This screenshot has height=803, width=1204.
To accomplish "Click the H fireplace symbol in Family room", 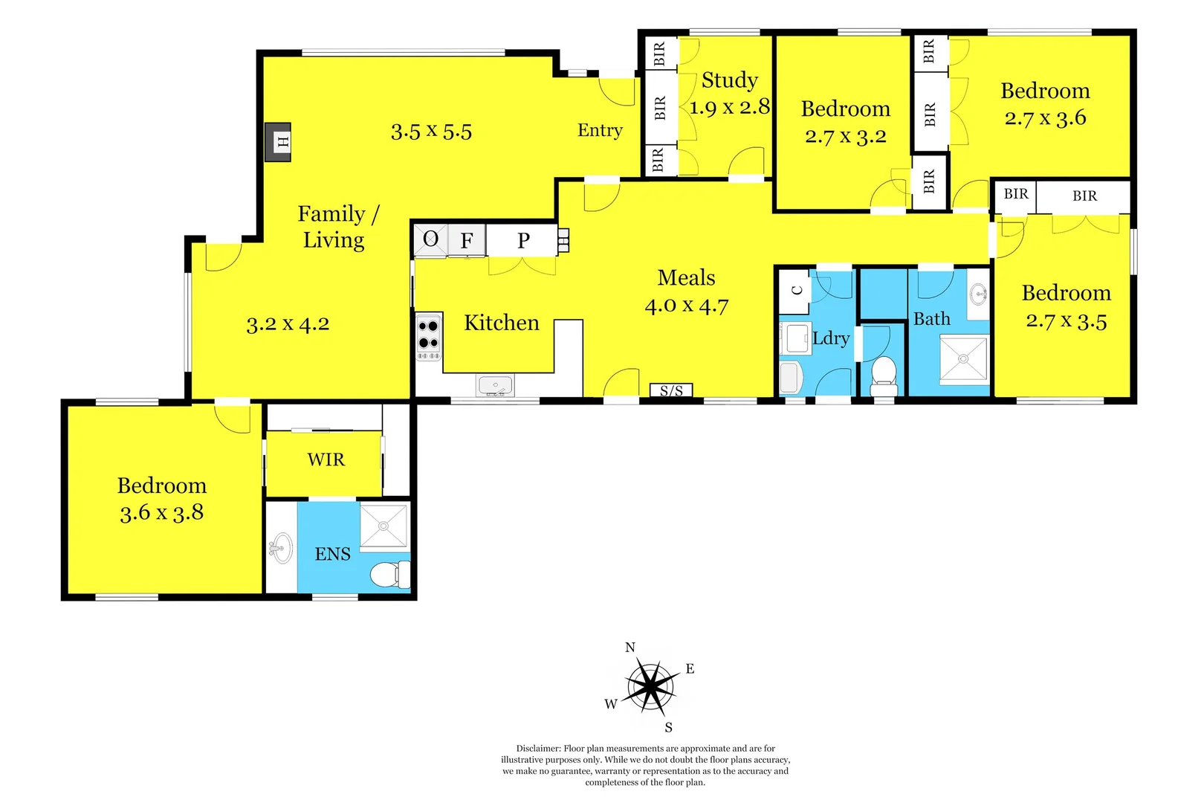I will pyautogui.click(x=279, y=142).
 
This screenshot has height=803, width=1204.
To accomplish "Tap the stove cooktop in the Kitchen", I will pyautogui.click(x=428, y=336).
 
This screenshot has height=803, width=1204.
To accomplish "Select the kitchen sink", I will pyautogui.click(x=494, y=386).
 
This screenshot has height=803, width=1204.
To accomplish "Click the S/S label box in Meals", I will pyautogui.click(x=671, y=390).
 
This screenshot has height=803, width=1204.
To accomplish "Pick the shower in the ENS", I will pyautogui.click(x=383, y=526).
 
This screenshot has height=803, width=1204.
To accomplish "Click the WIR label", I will pyautogui.click(x=326, y=460).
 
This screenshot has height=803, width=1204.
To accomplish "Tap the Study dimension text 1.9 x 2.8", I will pyautogui.click(x=729, y=108).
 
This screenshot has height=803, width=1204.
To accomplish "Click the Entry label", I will pyautogui.click(x=600, y=131).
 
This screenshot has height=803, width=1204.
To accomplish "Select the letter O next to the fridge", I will pyautogui.click(x=430, y=239).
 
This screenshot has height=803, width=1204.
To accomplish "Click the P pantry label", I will pyautogui.click(x=523, y=241).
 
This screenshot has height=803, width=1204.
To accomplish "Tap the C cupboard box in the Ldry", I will pyautogui.click(x=797, y=291).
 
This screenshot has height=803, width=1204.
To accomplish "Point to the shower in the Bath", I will pyautogui.click(x=963, y=359).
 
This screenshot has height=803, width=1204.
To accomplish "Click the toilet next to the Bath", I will pyautogui.click(x=884, y=374).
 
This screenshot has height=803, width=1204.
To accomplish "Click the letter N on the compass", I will pyautogui.click(x=630, y=648).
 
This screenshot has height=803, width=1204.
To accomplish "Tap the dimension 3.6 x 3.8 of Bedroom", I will pyautogui.click(x=161, y=513).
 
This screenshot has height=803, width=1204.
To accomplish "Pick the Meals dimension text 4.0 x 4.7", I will pyautogui.click(x=686, y=306).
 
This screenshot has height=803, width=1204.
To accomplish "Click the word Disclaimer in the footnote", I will pyautogui.click(x=538, y=749).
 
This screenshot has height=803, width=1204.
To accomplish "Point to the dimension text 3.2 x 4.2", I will pyautogui.click(x=288, y=325).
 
